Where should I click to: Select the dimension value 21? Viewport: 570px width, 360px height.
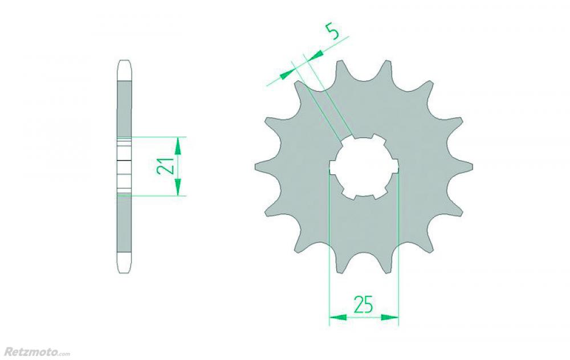[x=164, y=166]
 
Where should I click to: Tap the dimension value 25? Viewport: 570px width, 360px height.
[x=364, y=304]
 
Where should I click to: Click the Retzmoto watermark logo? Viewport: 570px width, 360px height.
[x=36, y=351]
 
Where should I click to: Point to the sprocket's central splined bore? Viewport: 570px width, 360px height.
[x=364, y=167]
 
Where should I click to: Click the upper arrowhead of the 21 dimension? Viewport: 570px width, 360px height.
[x=178, y=145]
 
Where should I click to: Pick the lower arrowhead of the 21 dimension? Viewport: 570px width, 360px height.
[x=178, y=187]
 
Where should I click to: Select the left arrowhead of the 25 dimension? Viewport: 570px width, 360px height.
[x=337, y=317]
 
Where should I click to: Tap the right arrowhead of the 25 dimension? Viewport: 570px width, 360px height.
[x=390, y=317]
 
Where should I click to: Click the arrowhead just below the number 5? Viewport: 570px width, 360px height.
[x=315, y=55]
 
